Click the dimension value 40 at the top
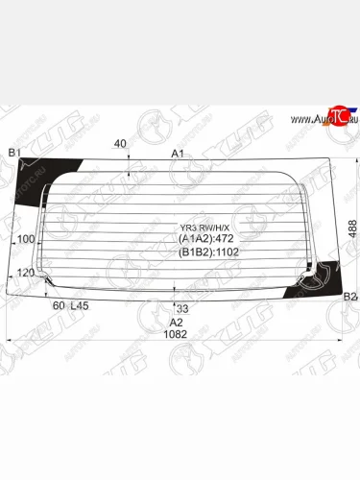[120, 144]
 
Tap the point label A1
[178, 154]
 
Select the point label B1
[14, 154]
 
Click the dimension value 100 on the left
[26, 239]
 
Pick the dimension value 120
[26, 274]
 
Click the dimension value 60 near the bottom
[59, 305]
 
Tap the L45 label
[80, 305]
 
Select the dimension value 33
[182, 307]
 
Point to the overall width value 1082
[174, 334]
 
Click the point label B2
[350, 297]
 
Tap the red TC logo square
[335, 116]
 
